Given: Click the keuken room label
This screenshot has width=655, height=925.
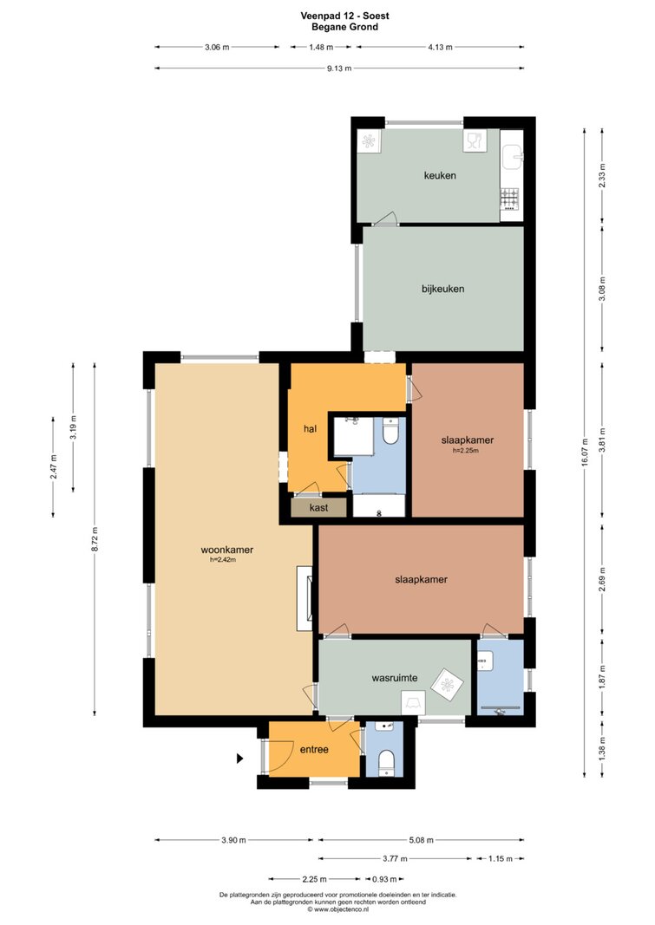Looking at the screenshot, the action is pos(440,175).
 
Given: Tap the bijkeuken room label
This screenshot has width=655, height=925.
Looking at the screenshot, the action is pos(442,289).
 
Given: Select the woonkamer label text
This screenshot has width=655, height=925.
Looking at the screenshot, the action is pos(227,550).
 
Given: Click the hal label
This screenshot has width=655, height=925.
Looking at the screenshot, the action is pos(310,429).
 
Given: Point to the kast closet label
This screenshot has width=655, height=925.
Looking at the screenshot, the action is pos(318,507).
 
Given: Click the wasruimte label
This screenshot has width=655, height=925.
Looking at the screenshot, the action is pos(395,678).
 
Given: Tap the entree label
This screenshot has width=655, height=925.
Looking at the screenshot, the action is pos(314,750).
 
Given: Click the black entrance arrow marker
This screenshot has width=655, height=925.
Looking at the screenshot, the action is pos(239,758).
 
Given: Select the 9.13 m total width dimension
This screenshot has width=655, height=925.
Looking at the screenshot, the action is pos(339,68).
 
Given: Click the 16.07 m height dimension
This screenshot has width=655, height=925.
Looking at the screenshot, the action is pos(584,452).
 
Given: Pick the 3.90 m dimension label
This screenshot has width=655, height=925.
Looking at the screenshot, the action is pos(233,840).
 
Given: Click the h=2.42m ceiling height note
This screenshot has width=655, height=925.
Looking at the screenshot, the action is pos(222,560).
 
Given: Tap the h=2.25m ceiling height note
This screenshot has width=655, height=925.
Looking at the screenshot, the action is pos(466,451).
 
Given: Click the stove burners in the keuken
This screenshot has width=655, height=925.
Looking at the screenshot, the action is pos(509,199).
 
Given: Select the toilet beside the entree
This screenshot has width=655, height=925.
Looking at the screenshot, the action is pos(386,761).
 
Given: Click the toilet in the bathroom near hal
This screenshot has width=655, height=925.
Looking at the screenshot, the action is pos(390,432).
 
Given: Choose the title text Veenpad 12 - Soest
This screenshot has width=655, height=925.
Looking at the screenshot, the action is pos(344,16).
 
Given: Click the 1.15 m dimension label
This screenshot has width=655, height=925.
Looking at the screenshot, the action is pos(500,858).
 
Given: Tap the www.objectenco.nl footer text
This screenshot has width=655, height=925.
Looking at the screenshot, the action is pos(337,909).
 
